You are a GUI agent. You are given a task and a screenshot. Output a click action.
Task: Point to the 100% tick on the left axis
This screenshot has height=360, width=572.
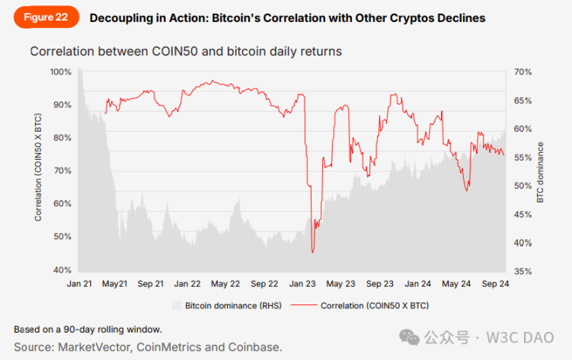coord(60,72)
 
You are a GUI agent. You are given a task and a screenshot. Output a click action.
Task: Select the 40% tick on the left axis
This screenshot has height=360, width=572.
coord(62,270)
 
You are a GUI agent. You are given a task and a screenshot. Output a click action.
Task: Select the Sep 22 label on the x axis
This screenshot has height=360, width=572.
coord(264,284)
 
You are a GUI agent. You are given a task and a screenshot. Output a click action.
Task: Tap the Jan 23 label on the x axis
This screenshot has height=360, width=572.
coord(302,284)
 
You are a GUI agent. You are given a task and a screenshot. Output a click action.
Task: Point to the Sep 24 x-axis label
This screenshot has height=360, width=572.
coord(494,284)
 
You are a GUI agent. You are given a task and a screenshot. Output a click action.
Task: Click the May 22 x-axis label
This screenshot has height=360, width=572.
coord(225,284)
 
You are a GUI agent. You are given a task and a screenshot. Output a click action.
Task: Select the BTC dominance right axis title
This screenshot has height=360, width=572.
coord(541,171)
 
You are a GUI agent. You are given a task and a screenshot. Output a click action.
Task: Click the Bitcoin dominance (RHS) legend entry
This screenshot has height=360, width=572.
coord(226,305)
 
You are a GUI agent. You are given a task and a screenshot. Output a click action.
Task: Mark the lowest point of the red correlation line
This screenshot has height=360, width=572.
coord(312,253)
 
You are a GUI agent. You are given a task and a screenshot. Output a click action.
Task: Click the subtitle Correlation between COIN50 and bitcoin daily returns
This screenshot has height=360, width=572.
coord(186,52)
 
